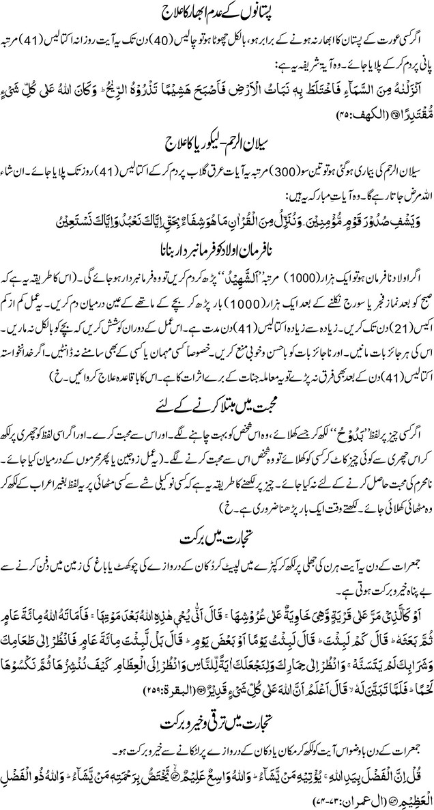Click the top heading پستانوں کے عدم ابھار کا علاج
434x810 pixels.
218,13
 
